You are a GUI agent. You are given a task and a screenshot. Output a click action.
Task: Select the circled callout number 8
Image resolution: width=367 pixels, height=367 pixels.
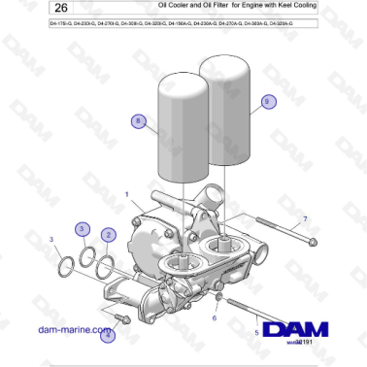coord(139,121)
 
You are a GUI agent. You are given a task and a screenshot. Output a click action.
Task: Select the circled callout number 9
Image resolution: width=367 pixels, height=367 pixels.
coord(269,100)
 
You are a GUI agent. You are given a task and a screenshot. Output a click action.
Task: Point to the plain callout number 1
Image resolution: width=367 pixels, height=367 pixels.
coord(127,194)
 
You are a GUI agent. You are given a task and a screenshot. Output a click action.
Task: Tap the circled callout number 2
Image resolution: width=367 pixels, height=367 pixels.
coord(110,234)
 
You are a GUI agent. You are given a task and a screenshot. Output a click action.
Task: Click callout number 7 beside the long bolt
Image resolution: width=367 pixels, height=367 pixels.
coord(304,220)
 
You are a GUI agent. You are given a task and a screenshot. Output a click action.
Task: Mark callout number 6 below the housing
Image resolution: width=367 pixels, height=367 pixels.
coord(215,317)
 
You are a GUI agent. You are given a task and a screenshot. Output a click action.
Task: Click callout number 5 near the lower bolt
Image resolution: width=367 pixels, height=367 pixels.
coord(256,331)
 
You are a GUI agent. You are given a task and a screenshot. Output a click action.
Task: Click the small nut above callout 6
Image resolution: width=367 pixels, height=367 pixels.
coord(219,295)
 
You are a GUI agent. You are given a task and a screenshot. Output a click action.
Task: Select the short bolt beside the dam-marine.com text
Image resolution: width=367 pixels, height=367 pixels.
coord(120,317)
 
